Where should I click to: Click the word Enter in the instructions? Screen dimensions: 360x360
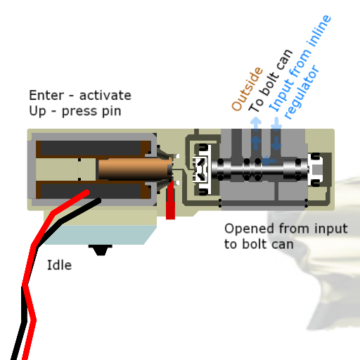[x=46, y=96]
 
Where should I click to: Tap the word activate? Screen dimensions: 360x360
[x=105, y=96]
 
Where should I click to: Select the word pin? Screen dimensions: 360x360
[x=112, y=112]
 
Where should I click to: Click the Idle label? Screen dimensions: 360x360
[x=59, y=265]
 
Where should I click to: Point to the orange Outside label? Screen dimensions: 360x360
[x=247, y=89]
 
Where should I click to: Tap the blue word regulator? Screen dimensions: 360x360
[x=302, y=92]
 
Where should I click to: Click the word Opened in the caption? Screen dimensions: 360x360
[x=249, y=229]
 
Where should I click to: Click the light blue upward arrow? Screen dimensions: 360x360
[x=256, y=124]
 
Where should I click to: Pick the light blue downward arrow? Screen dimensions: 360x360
[x=276, y=124]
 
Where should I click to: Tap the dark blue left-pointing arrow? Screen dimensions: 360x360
[x=269, y=161]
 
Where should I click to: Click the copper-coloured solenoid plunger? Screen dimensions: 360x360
[x=135, y=169]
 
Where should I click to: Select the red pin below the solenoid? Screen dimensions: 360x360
[x=170, y=200]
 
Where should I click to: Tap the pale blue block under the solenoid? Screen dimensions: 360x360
[x=101, y=235]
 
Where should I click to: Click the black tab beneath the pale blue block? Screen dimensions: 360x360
[x=101, y=250]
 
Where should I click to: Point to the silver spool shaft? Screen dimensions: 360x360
[x=259, y=169]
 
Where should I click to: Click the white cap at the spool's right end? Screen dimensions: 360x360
[x=316, y=169]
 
